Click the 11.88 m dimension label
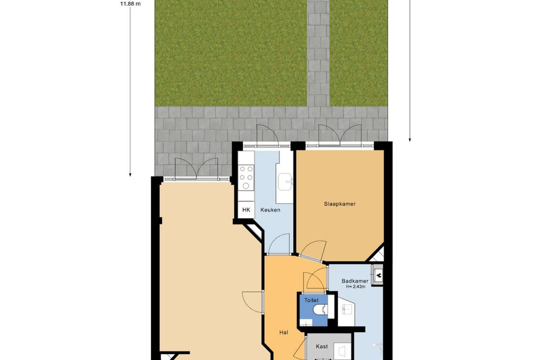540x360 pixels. coord(130,4)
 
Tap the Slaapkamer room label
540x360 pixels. coord(339,204)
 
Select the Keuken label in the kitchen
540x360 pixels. coord(270,210)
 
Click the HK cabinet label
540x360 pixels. coord(246,210)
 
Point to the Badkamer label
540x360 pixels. coord(355,281)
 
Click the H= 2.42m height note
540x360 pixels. coord(355,287)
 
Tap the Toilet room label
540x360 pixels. coord(311,301)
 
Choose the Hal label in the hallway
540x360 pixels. coord(284,333)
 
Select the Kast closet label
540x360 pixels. coord(322,346)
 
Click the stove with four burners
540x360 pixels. coord(246,178)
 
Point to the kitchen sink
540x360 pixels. coord(286,182)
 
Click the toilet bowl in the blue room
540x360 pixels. coord(320,310)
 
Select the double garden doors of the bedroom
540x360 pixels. coord(340,135)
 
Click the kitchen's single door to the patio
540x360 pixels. coord(268,135)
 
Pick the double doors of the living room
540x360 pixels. coord(197,169)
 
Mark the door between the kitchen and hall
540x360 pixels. coord(279,244)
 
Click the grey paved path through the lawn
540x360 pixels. coord(319,53)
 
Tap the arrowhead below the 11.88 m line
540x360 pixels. coord(130,175)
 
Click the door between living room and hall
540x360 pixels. coord(252,302)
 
